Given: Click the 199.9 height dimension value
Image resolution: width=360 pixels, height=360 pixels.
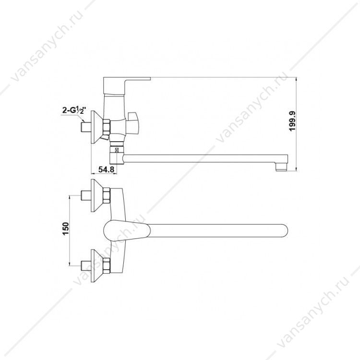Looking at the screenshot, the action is tap(292, 121).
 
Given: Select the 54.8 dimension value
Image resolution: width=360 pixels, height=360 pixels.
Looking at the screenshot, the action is tap(106, 169).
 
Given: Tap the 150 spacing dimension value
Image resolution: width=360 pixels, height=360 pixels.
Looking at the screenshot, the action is tap(66, 229).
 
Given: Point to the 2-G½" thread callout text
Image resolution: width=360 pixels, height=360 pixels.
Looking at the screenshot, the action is tap(74, 111).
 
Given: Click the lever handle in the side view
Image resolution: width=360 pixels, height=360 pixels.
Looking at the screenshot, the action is tap(127, 85).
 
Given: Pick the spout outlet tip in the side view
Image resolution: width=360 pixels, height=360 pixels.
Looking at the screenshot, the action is tap(281, 166).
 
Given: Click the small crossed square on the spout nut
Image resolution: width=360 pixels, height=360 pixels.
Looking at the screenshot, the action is tap(117, 151).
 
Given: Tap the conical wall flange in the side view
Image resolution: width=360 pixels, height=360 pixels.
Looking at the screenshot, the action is tap(97, 127).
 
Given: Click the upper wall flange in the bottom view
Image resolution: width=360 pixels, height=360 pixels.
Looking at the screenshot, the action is tap(97, 195).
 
